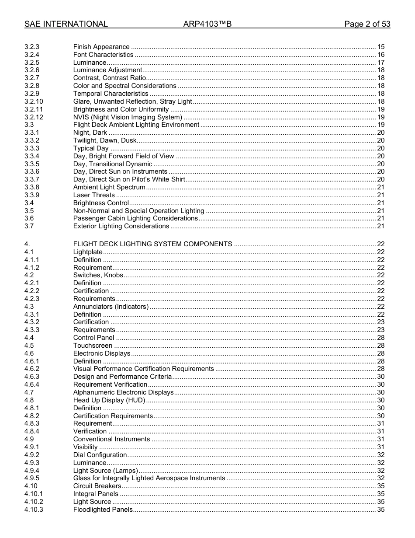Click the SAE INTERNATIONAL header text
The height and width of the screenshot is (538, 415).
point(66,24)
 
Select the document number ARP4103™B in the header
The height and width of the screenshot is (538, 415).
point(207,24)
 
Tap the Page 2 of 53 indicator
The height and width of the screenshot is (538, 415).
point(367,24)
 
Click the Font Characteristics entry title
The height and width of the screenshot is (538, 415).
point(103,55)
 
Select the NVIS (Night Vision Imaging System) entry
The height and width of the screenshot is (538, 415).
point(128,117)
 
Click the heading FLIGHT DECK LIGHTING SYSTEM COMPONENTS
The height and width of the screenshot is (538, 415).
point(152,244)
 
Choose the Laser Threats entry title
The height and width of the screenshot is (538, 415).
point(94,195)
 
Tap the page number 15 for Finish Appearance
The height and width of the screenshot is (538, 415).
point(380,47)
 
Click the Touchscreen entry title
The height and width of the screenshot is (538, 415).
point(93,346)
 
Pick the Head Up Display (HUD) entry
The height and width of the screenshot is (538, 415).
point(109,400)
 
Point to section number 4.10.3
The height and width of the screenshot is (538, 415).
point(34,510)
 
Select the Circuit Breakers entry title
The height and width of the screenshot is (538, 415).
point(97,486)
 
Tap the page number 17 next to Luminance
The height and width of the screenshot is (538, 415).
point(380,63)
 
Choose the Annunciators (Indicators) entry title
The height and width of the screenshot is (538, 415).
point(111,307)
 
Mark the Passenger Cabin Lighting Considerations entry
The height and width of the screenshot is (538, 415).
point(135,218)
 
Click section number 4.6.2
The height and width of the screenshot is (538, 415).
point(32,369)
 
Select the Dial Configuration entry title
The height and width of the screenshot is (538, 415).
point(100,455)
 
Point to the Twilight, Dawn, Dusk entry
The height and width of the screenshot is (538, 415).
point(105,140)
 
